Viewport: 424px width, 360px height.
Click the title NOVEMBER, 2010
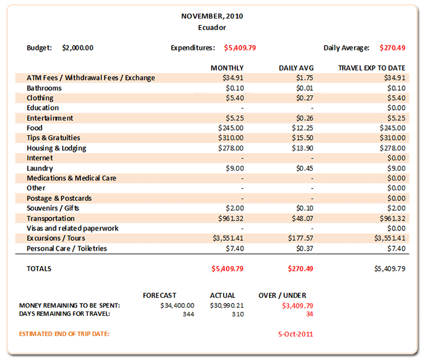point(211,16)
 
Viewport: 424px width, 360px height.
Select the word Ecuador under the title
point(211,27)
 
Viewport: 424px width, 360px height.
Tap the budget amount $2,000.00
point(78,47)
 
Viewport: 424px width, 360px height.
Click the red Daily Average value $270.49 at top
point(393,47)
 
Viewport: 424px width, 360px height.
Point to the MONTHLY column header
point(227,68)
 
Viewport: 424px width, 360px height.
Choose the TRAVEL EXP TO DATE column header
point(372,68)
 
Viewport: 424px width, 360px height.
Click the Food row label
point(34,128)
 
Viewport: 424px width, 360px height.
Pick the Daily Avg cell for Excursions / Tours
point(300,238)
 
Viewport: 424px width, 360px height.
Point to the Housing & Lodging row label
point(56,148)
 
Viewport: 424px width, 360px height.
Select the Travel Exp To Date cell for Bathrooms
point(395,88)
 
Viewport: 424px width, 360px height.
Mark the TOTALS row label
point(39,268)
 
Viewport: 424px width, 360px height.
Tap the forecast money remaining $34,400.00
point(177,305)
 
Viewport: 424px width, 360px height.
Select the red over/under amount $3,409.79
point(297,305)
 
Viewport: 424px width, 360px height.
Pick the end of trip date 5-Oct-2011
point(296,334)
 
